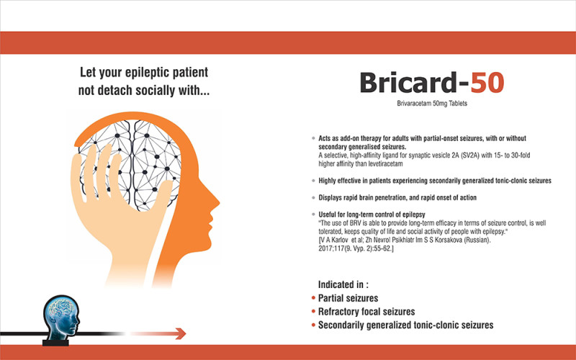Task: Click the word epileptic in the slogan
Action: pyautogui.click(x=152, y=73)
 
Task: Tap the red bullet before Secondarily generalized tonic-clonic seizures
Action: pyautogui.click(x=313, y=325)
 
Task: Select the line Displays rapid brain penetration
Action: pyautogui.click(x=397, y=197)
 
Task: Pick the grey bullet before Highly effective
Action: pyautogui.click(x=312, y=181)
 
